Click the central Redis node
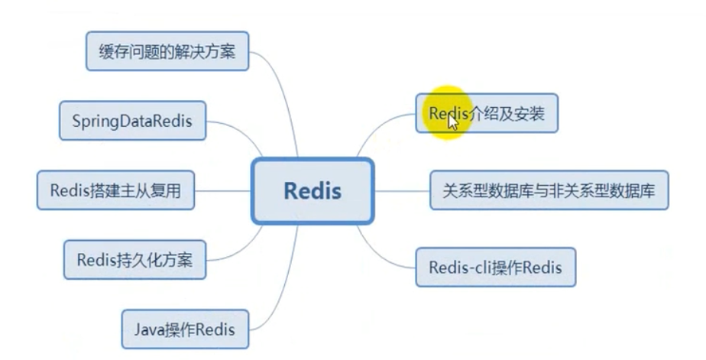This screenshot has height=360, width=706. point(313,190)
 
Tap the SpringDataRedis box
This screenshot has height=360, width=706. point(132,121)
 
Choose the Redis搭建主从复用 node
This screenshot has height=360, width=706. point(115,190)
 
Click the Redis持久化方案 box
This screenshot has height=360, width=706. point(134,261)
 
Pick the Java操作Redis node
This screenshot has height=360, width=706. point(184,329)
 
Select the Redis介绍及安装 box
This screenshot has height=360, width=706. point(487,113)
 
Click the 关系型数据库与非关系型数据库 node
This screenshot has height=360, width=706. point(549,190)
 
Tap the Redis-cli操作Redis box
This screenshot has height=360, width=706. point(495,268)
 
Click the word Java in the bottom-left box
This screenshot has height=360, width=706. point(149,329)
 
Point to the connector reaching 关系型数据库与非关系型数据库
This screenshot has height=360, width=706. point(401,190)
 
